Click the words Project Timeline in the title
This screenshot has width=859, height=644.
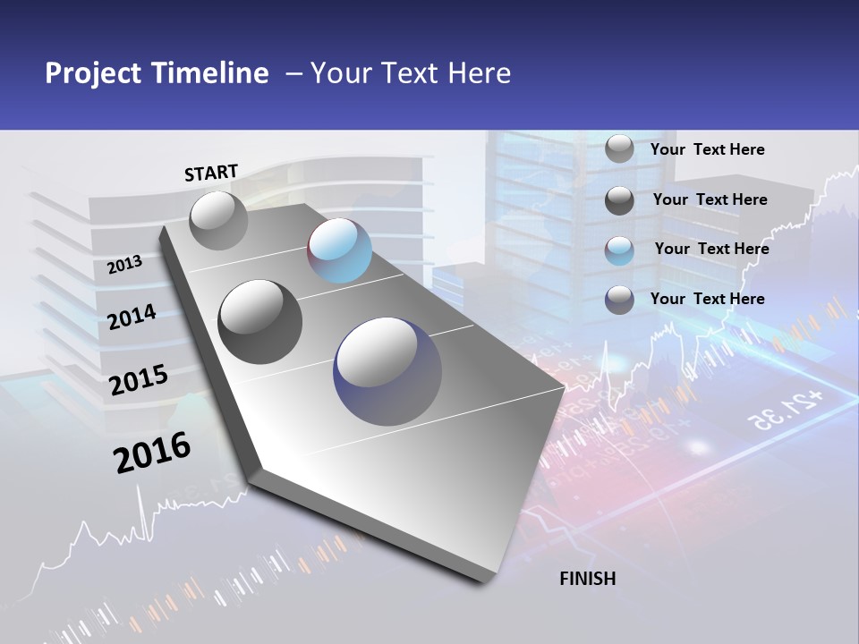click(x=157, y=73)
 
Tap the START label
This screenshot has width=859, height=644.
click(x=211, y=173)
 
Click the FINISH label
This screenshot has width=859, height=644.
click(x=587, y=579)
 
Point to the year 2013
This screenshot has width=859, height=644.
click(x=125, y=264)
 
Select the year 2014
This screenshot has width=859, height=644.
click(x=132, y=318)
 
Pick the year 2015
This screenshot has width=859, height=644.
click(x=139, y=379)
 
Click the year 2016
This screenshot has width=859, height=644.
click(x=152, y=452)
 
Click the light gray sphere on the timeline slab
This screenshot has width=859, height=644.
click(x=219, y=220)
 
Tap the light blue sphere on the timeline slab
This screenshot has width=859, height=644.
click(x=339, y=250)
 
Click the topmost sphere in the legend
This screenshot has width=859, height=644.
click(x=619, y=148)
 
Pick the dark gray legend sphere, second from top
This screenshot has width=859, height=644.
click(x=619, y=200)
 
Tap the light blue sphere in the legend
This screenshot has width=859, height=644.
click(x=619, y=250)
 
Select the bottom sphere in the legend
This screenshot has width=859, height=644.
click(x=619, y=300)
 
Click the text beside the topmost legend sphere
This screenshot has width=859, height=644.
click(x=707, y=149)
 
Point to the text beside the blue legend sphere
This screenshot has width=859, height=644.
click(x=711, y=249)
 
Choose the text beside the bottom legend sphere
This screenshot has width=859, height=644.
click(x=707, y=299)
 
